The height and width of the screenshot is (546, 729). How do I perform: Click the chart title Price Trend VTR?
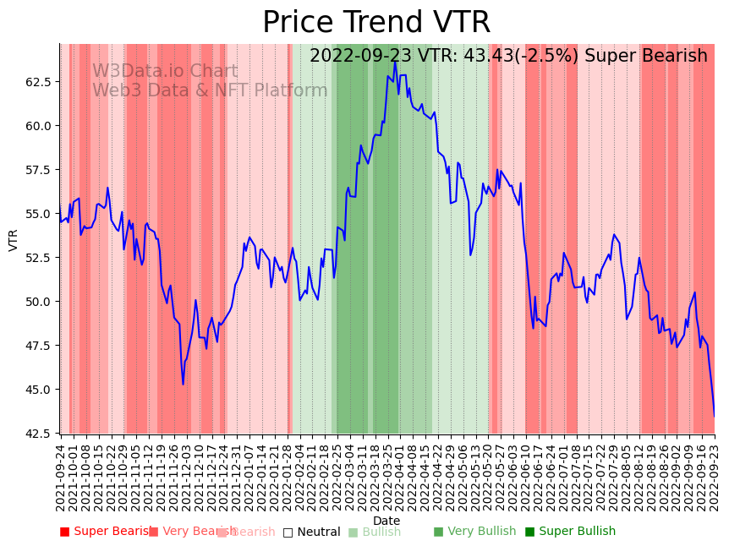tap(375, 23)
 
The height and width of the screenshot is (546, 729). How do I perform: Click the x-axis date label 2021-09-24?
tap(61, 478)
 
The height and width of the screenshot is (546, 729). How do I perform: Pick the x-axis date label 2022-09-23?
tap(715, 478)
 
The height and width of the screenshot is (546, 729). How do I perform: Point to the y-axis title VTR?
tap(14, 239)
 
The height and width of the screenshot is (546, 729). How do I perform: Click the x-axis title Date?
tap(386, 521)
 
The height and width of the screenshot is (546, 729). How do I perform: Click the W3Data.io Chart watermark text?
tap(165, 72)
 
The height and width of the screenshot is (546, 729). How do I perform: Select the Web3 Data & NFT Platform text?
tap(210, 91)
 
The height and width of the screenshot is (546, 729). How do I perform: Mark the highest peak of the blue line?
tap(394, 61)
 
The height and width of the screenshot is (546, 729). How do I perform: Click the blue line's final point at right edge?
tap(714, 415)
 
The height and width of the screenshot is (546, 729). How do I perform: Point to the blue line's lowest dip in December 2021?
tap(183, 385)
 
